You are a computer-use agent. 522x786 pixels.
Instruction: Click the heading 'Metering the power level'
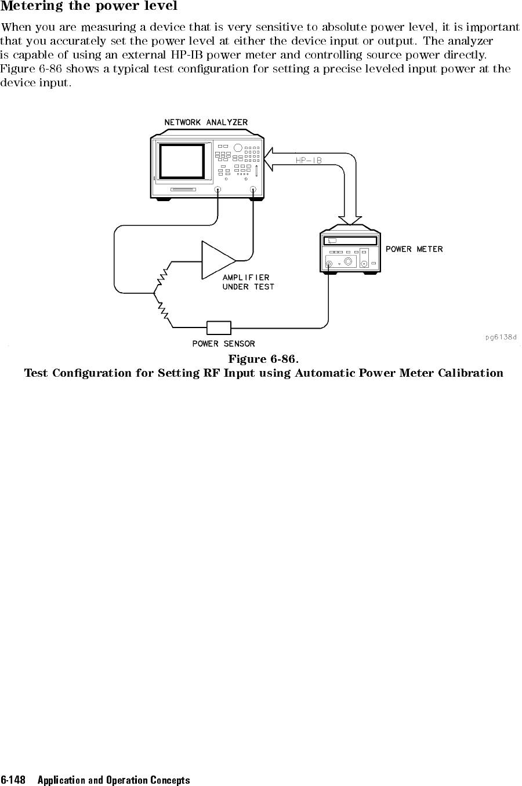[x=89, y=6]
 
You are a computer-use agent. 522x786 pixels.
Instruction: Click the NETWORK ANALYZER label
[x=206, y=122]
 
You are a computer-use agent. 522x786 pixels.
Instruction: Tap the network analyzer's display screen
[x=182, y=161]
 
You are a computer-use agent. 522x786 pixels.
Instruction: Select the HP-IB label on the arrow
[x=309, y=161]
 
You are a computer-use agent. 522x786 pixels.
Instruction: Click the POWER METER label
[x=414, y=249]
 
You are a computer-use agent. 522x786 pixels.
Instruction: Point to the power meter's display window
[x=350, y=241]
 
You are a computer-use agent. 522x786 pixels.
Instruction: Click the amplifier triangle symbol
[x=218, y=260]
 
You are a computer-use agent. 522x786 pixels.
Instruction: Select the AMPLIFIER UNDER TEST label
[x=248, y=282]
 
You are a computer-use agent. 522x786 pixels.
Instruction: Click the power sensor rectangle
[x=219, y=327]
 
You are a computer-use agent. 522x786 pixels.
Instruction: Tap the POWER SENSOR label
[x=224, y=344]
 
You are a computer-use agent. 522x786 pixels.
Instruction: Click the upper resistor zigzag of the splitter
[x=162, y=276]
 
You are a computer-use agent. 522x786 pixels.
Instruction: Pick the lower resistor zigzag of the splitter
[x=163, y=310]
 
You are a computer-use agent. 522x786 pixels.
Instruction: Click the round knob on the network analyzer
[x=238, y=148]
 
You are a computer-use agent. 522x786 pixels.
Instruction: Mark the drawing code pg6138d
[x=501, y=337]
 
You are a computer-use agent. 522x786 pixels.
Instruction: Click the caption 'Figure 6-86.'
[x=264, y=359]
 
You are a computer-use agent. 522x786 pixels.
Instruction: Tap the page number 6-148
[x=13, y=780]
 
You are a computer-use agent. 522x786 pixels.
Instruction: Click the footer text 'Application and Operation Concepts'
[x=114, y=780]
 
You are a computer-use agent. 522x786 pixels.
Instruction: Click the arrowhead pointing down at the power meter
[x=350, y=220]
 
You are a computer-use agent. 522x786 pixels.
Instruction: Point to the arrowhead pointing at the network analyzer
[x=268, y=159]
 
